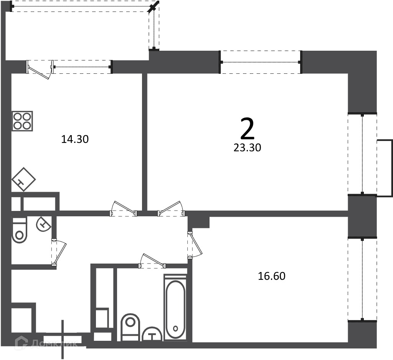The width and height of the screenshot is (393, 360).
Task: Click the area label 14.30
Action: click(x=75, y=139)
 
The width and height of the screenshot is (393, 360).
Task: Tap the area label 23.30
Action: click(x=248, y=148)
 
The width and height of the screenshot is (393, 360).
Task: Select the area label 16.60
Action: click(x=272, y=276)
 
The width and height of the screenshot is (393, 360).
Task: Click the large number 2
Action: click(x=248, y=129)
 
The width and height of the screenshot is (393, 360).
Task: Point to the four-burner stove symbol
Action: click(x=22, y=121)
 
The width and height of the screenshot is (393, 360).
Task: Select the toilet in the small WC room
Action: click(x=19, y=230)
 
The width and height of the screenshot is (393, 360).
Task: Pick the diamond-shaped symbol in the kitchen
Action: click(x=23, y=179)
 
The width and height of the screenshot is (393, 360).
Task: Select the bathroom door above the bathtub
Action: click(x=152, y=261)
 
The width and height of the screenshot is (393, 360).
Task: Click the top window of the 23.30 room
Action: click(x=261, y=62)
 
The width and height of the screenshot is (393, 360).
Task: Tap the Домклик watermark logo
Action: click(x=46, y=343)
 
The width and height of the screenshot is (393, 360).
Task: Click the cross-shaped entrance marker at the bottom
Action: click(x=63, y=339)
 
